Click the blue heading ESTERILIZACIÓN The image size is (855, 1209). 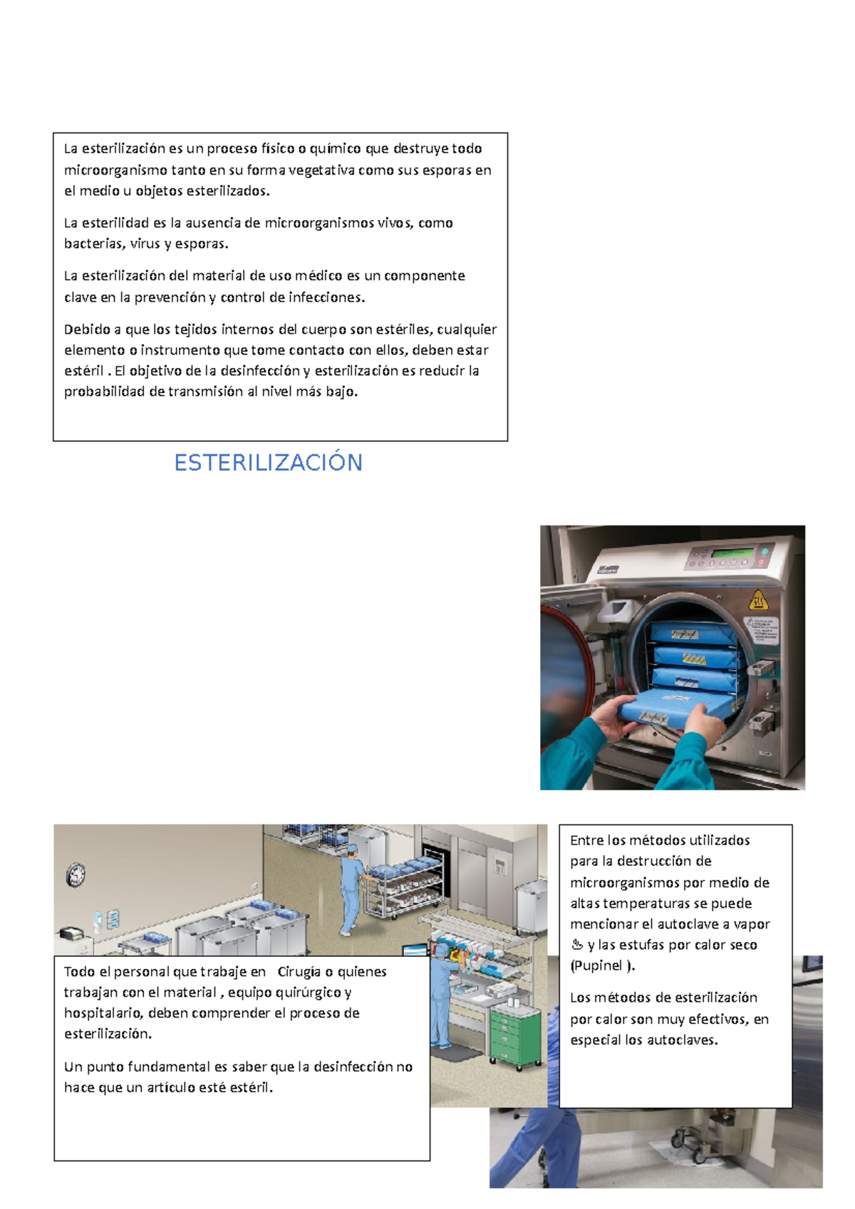coord(268,463)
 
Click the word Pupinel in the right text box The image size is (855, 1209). coord(598,965)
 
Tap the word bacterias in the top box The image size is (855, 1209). coord(93,244)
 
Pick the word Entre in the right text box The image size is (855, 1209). coord(587,840)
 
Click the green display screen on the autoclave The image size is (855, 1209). coord(733,553)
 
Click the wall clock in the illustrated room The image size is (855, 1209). coord(76,874)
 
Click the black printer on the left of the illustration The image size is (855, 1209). coord(71,933)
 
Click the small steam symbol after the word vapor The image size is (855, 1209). coord(577,946)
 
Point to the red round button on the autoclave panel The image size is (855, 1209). coord(762,562)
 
